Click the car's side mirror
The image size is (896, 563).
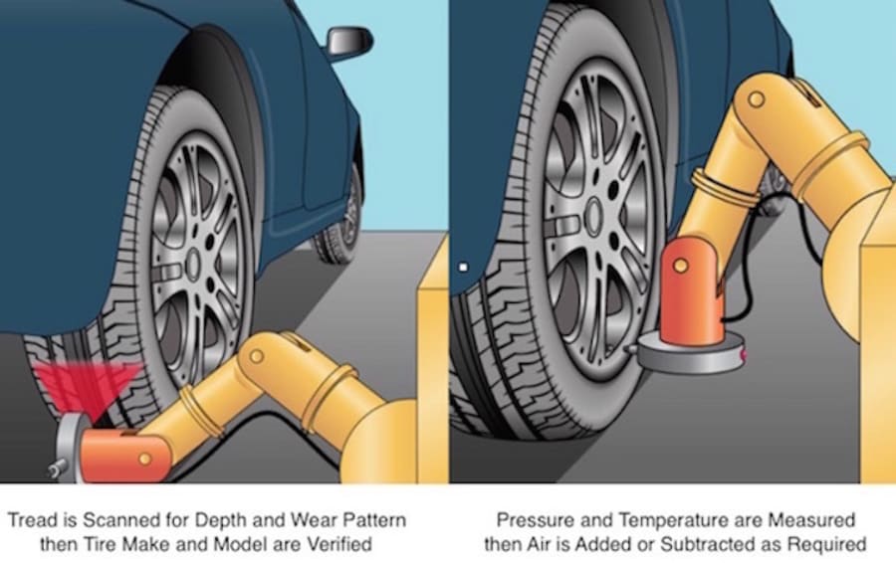[349, 41]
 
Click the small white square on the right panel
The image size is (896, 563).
[463, 267]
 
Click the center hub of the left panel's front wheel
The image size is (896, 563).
[194, 264]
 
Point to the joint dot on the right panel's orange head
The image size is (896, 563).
[680, 266]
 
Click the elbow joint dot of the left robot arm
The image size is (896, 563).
[256, 356]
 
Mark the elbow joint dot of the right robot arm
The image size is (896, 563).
[756, 99]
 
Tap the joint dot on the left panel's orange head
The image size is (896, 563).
[145, 459]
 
